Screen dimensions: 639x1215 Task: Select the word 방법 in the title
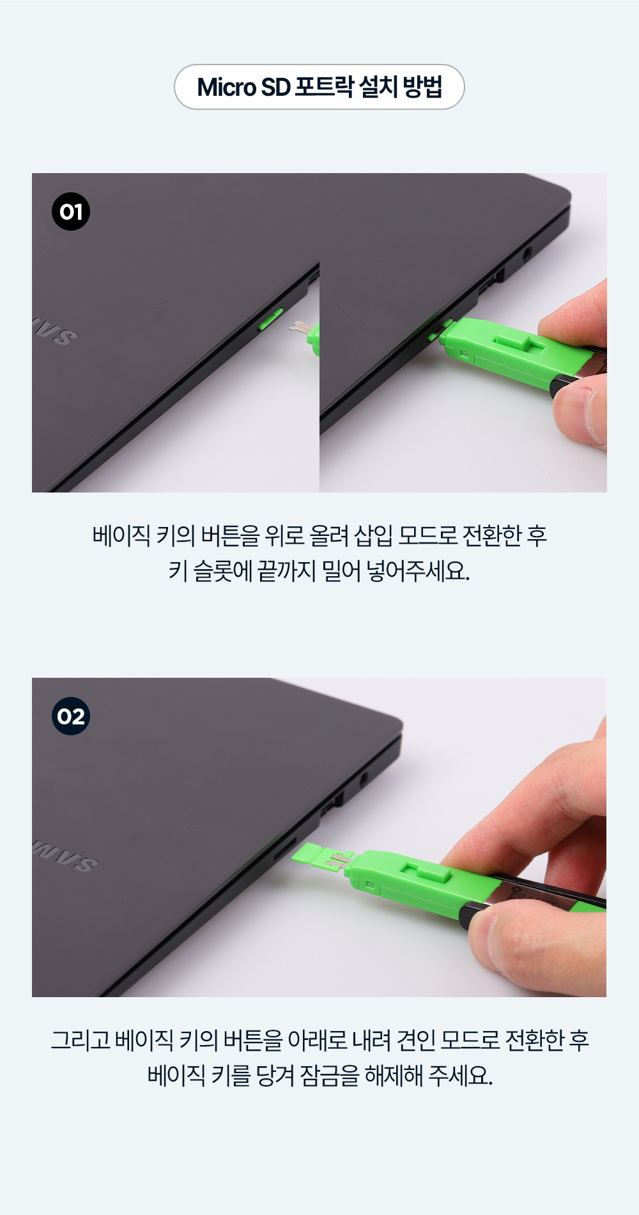[x=422, y=87]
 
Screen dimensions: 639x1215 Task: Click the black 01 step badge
[x=71, y=211]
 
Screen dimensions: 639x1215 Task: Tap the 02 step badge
[x=71, y=716]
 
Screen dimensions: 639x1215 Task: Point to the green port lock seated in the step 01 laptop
[x=270, y=319]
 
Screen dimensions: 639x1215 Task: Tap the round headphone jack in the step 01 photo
[x=527, y=254]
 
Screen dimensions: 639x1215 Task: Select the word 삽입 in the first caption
[x=373, y=535]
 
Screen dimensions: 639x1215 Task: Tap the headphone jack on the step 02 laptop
[x=364, y=779]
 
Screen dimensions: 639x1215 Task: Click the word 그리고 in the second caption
[x=80, y=1040]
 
